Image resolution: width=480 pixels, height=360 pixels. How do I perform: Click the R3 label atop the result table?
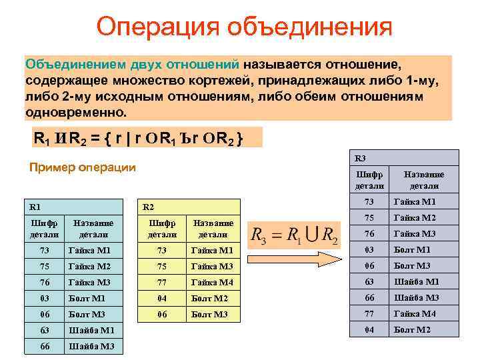coord(361,158)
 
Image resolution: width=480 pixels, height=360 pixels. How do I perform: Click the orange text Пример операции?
coord(83,167)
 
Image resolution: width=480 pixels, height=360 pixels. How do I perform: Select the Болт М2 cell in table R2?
coord(209,297)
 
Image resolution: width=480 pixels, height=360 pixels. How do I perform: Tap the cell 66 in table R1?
coord(45,345)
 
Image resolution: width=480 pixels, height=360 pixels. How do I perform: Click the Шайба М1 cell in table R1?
coord(91,329)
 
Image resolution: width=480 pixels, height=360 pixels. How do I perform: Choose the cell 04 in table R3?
coord(369,329)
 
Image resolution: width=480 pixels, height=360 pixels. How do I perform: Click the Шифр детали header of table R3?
coord(369,180)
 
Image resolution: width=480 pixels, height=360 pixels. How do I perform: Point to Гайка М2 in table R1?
coord(90,265)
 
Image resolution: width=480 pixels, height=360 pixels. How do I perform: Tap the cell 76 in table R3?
coord(369,233)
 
